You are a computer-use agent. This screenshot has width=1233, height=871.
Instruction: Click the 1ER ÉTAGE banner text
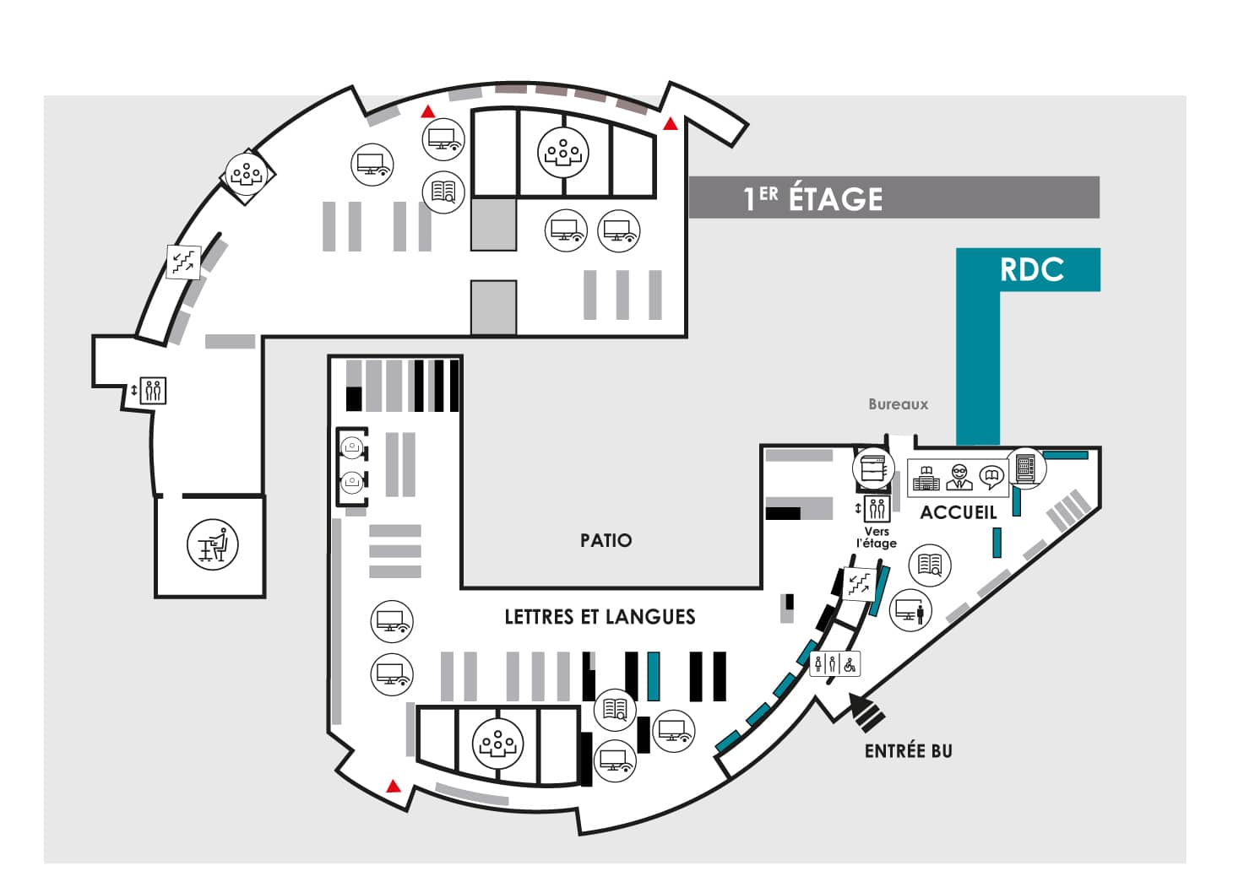coord(812,198)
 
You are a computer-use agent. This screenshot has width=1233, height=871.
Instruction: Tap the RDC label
coord(1031,269)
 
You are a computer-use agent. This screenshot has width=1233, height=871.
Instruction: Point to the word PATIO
coord(606,540)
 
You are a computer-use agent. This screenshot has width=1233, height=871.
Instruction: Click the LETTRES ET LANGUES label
coord(600,617)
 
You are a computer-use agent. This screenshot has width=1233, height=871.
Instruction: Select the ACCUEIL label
coord(959,513)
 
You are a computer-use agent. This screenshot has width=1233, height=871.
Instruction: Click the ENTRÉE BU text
coord(908,751)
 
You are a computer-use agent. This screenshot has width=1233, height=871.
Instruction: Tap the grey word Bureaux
coord(899,404)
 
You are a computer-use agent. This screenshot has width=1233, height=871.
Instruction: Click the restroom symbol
coord(834,665)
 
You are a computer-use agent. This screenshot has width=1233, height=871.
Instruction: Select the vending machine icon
coord(1025,468)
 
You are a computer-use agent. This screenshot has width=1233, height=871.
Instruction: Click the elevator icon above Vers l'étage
coord(877,509)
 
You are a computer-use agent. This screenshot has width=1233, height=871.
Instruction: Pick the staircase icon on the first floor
coord(184,262)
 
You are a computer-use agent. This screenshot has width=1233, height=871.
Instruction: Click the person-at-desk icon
coord(213,544)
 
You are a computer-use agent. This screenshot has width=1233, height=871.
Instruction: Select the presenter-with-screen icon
coord(910,610)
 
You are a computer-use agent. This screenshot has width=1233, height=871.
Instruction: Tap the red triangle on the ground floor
coord(393,787)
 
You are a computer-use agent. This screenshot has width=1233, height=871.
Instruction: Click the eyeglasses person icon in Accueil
coord(959,477)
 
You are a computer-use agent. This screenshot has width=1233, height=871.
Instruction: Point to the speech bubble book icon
coord(991,478)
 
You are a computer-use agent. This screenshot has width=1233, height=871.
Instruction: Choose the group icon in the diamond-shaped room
coord(247,175)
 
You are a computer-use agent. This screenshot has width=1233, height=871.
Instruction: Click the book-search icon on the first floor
coord(443,192)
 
